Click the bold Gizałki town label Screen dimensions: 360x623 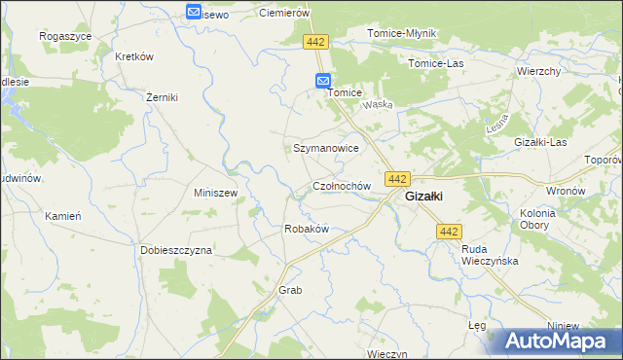pos(424,196)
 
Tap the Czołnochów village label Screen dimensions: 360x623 pos(342,185)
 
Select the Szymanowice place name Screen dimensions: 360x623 pos(327,148)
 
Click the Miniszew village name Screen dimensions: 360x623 pos(216,193)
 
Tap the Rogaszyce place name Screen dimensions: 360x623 pos(65,35)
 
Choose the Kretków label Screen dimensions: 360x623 pos(135,56)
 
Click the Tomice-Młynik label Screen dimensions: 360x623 pos(402,33)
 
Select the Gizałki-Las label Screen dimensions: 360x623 pos(540,142)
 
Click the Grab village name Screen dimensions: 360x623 pos(291,291)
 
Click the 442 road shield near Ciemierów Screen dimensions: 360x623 pos(316,42)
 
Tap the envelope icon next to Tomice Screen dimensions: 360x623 pos(323,82)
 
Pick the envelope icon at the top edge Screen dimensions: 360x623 pos(194,12)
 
